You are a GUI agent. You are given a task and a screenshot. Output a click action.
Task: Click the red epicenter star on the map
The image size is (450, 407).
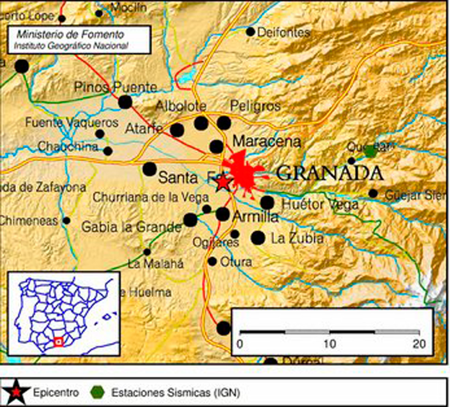pyautogui.click(x=223, y=182)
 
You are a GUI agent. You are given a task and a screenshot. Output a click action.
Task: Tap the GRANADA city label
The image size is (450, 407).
pyautogui.click(x=330, y=173)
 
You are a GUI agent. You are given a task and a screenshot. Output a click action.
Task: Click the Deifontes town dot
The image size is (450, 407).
pyautogui.click(x=250, y=32)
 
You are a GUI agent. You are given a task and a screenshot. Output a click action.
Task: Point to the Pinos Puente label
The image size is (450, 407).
pyautogui.click(x=116, y=87)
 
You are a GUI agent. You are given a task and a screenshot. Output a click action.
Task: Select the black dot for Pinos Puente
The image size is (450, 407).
pyautogui.click(x=125, y=102)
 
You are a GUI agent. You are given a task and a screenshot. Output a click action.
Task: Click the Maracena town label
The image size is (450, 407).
pyautogui.click(x=267, y=141)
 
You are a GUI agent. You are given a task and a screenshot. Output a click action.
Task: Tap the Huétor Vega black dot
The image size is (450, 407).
pyautogui.click(x=267, y=203)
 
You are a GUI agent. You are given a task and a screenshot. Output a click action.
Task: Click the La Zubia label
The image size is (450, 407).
pyautogui.click(x=297, y=238)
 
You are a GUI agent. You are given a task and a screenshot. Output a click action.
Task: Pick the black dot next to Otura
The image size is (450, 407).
pyautogui.click(x=212, y=262)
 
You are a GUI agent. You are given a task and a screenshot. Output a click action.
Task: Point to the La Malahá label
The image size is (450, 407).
pyautogui.click(x=156, y=263)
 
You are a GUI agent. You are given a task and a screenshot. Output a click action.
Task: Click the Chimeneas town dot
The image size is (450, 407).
pyautogui.click(x=66, y=221)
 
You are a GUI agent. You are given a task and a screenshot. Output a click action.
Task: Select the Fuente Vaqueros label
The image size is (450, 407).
pyautogui.click(x=72, y=122)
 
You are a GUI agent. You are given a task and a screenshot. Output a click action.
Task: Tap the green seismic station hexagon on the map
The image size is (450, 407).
pyautogui.click(x=370, y=152)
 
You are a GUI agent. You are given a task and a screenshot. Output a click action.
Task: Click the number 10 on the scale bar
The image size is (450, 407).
pyautogui.click(x=330, y=344)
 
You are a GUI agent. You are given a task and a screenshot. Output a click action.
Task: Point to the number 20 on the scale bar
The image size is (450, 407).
pyautogui.click(x=419, y=344)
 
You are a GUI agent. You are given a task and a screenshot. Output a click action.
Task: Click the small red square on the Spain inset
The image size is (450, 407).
pyautogui.click(x=59, y=341)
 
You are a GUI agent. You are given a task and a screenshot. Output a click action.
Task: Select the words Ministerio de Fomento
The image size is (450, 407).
pyautogui.click(x=70, y=34)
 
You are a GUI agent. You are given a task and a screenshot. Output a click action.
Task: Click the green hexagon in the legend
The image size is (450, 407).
pyautogui.click(x=97, y=392)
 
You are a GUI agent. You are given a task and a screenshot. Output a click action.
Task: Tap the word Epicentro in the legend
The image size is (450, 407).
pyautogui.click(x=56, y=392)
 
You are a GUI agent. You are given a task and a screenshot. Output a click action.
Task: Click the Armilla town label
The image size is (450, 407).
pyautogui.click(x=255, y=217)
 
